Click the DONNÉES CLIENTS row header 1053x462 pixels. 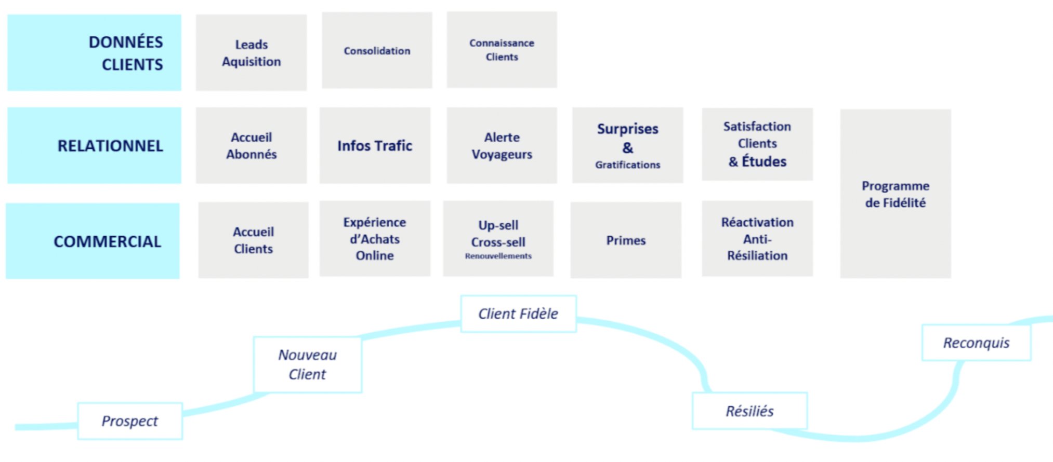(94, 53)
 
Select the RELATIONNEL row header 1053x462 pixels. (94, 145)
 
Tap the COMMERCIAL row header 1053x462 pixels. (93, 241)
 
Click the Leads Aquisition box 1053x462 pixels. (251, 53)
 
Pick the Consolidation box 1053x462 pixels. (377, 50)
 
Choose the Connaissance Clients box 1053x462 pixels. (502, 50)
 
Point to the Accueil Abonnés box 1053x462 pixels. (251, 145)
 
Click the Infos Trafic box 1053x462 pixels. (375, 145)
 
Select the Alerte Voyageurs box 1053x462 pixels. (502, 145)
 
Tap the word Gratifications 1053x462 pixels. (627, 165)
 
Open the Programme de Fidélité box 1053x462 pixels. (896, 194)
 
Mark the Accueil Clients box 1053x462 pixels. (253, 240)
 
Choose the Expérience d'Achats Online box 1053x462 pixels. (375, 239)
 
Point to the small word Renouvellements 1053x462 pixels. (498, 256)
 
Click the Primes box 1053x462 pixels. (626, 240)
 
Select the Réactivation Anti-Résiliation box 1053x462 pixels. (757, 239)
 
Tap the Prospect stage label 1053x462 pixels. (130, 421)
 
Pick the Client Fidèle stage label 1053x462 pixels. (518, 314)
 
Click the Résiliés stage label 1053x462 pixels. (749, 411)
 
